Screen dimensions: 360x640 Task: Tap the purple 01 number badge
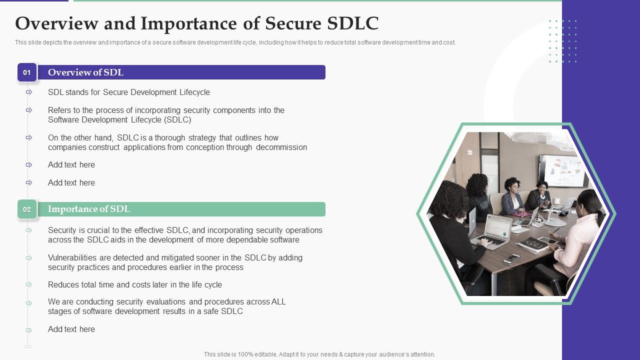[27, 72]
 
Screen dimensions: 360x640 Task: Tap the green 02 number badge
[27, 209]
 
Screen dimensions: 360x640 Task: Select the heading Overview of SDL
[85, 72]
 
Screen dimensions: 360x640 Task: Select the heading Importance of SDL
[88, 209]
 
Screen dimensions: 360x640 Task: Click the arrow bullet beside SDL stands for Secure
[29, 92]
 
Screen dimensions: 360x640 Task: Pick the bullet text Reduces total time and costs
[134, 285]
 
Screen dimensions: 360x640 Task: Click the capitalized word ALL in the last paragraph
[278, 302]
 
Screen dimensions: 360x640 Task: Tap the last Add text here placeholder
[71, 329]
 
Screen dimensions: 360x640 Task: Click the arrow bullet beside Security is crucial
[29, 230]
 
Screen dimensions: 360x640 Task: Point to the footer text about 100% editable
[319, 354]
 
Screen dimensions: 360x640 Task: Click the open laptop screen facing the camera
[497, 227]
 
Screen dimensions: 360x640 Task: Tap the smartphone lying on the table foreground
[511, 258]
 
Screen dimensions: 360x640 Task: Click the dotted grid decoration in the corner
[563, 41]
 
